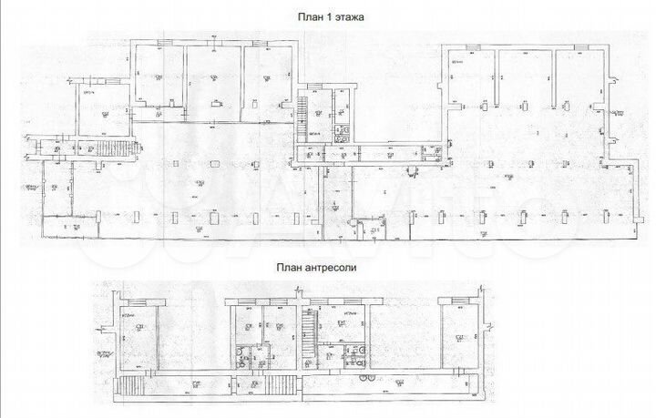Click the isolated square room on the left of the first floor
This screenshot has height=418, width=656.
(100, 114)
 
